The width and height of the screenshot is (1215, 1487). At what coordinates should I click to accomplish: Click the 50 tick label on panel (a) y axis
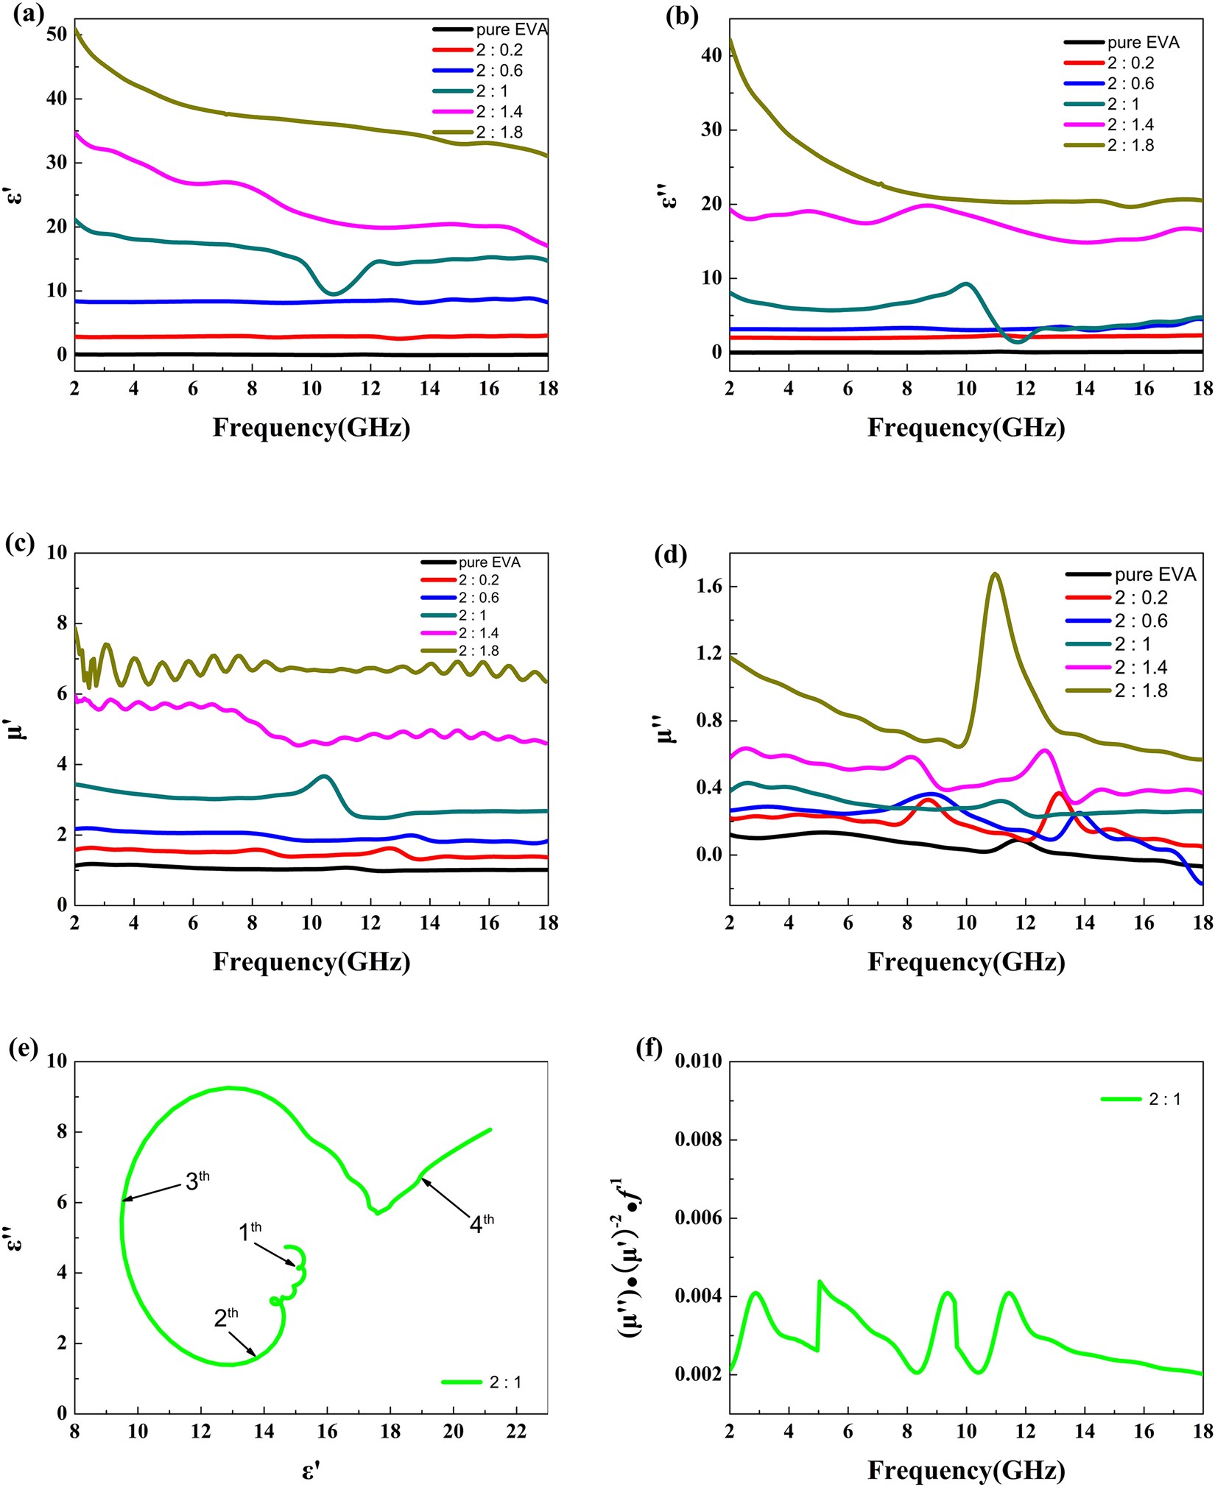point(55,35)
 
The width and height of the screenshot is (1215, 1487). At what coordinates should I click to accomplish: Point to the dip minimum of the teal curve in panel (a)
point(334,294)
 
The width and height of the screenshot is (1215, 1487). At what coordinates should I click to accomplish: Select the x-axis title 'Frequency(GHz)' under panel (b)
point(965,428)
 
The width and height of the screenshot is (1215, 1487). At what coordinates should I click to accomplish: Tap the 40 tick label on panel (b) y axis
point(711,55)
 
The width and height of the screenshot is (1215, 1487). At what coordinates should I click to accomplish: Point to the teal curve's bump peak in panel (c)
point(324,776)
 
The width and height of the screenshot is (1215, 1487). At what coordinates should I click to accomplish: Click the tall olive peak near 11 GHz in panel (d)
point(995,573)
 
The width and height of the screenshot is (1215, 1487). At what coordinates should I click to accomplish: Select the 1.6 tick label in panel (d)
point(706,587)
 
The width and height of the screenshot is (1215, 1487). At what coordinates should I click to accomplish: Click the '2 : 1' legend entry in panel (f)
point(1164,1099)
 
